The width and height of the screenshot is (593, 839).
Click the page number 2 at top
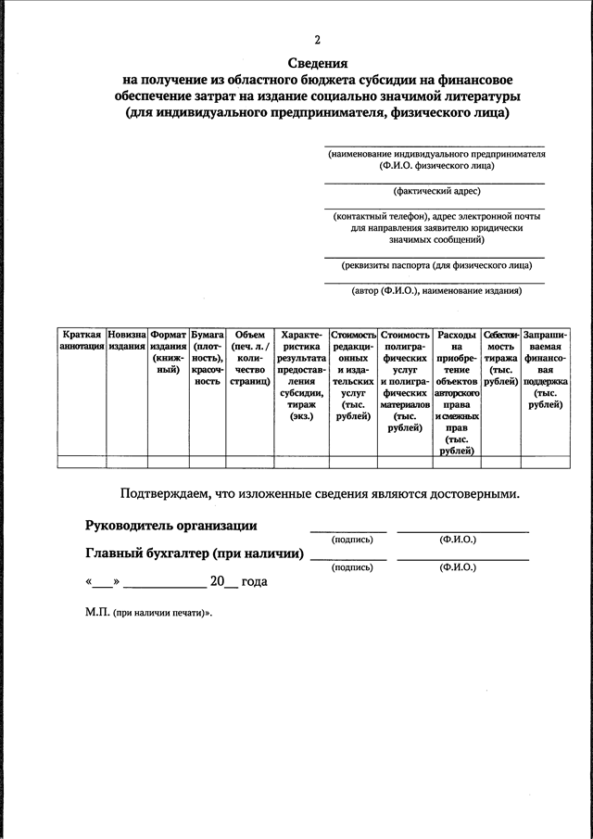[317, 41]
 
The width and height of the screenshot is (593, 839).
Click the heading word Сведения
[317, 64]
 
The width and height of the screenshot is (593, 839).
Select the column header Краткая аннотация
[82, 340]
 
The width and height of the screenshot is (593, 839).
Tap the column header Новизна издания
[126, 340]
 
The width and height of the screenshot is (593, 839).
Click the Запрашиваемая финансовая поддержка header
[545, 369]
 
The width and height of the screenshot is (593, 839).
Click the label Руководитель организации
[171, 526]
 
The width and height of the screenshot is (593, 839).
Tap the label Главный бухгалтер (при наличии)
[195, 553]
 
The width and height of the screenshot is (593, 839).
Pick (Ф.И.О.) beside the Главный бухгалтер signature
[458, 566]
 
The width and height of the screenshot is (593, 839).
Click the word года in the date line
[255, 582]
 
